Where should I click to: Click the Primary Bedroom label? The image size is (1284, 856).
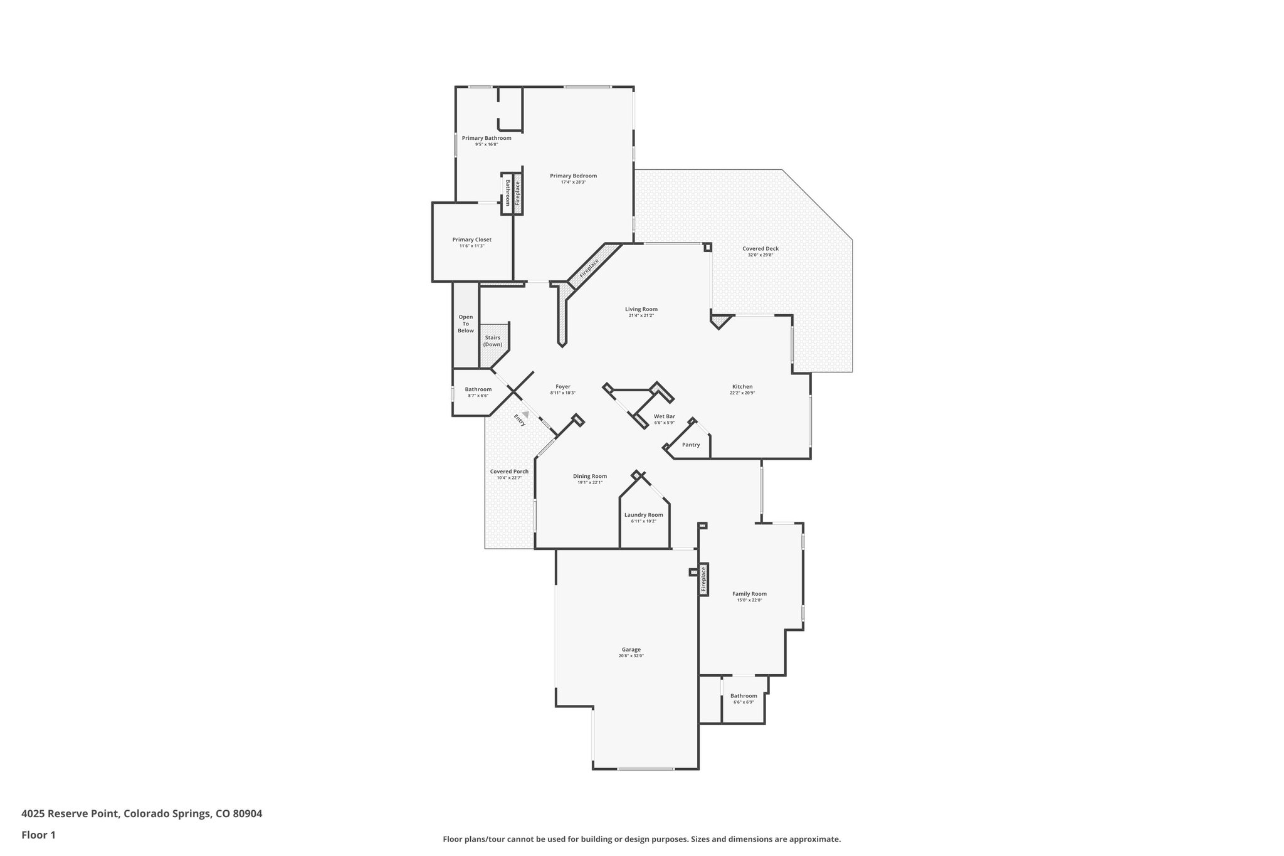573,176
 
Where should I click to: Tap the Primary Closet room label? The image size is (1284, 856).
471,240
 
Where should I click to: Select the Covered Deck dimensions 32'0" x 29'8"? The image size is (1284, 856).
760,255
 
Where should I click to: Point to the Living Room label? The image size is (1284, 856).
641,309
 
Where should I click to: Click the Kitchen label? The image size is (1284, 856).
742,387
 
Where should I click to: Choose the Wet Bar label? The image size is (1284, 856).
664,416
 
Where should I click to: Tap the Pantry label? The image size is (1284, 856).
690,445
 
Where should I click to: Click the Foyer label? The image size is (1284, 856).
562,387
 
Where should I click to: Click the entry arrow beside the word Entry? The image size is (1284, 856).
525,413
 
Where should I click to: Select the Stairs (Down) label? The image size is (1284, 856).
492,341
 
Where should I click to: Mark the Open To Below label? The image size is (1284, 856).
465,324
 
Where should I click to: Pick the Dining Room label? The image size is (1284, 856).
589,476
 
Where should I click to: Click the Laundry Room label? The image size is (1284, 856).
643,515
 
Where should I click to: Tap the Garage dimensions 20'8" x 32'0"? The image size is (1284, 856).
631,656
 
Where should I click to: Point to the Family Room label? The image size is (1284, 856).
749,594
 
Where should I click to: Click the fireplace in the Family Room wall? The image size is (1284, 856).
703,579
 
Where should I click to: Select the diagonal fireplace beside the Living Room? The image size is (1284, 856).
589,268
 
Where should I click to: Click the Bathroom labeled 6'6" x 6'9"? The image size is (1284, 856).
744,695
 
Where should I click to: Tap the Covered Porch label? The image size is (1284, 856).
509,472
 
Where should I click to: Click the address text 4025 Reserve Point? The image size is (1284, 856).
70,814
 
